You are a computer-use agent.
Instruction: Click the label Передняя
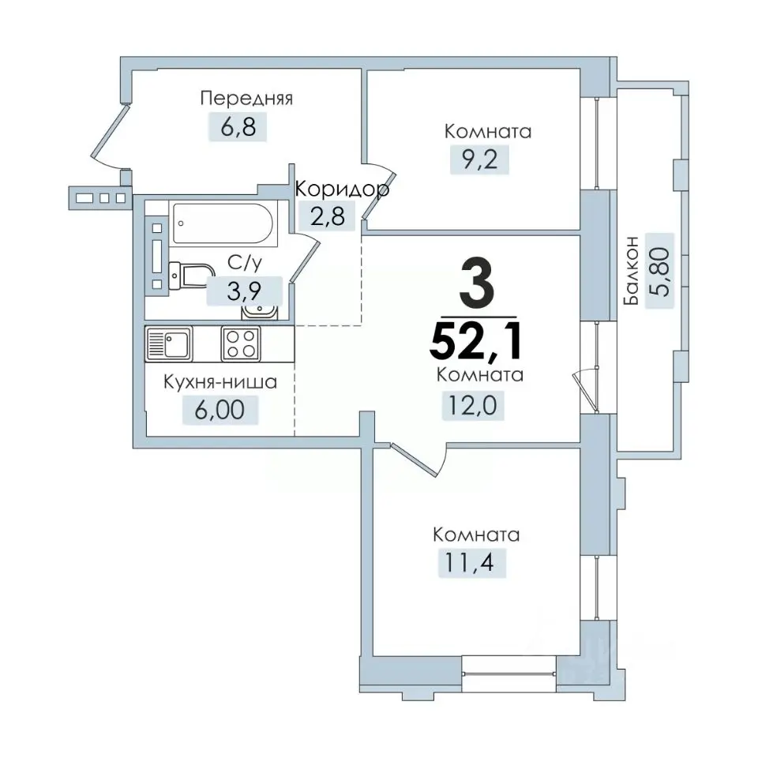tap(246, 99)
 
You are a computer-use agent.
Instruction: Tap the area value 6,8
tap(238, 126)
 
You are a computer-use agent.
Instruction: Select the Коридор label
tap(342, 189)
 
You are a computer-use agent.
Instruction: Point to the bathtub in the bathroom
tap(223, 223)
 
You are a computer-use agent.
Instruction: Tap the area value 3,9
tap(244, 291)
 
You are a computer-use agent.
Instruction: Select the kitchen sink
tap(169, 343)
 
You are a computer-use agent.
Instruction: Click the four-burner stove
tap(241, 343)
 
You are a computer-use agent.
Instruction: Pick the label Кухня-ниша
tap(220, 382)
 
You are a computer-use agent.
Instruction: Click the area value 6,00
tap(220, 410)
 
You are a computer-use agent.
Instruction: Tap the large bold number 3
tap(477, 284)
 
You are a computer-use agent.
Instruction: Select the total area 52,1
tap(477, 341)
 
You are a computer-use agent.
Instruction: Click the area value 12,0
tap(473, 405)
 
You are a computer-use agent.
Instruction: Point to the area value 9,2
tap(479, 159)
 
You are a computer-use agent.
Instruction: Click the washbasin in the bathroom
tap(260, 311)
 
